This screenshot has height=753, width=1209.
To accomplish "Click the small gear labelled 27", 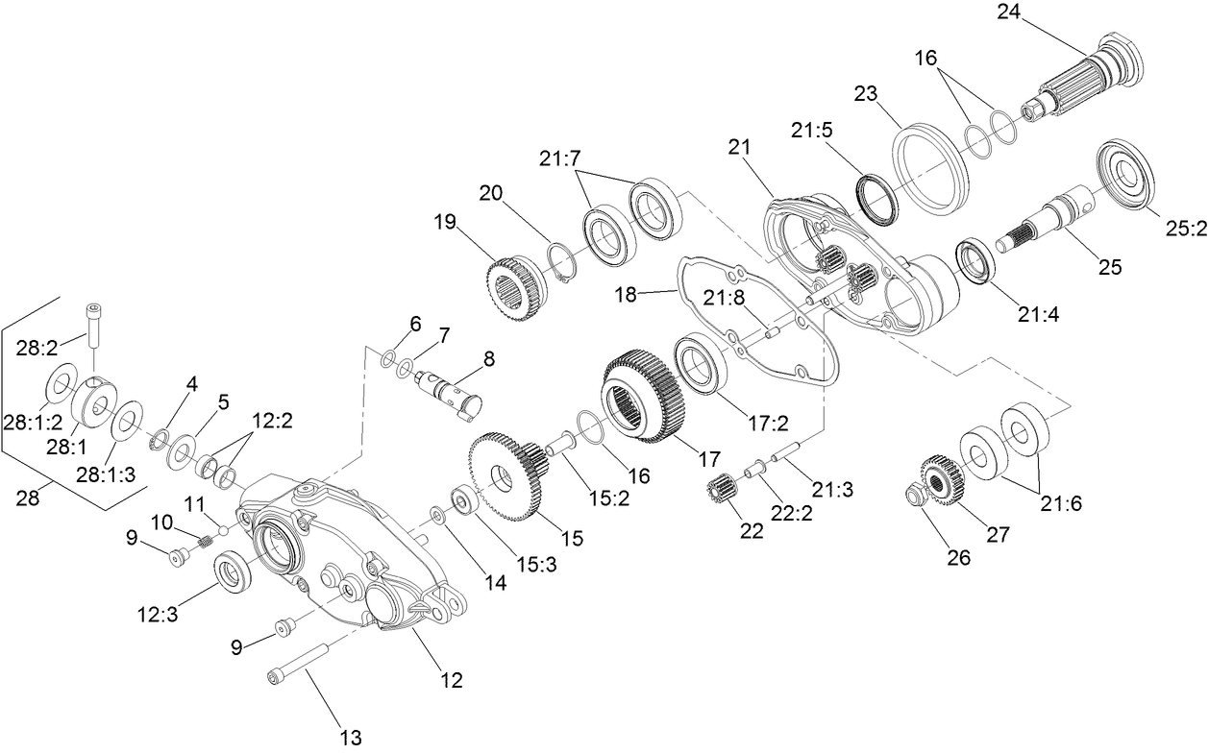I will pos(936,479).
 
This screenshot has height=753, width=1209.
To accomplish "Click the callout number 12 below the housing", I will pos(451,680).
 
